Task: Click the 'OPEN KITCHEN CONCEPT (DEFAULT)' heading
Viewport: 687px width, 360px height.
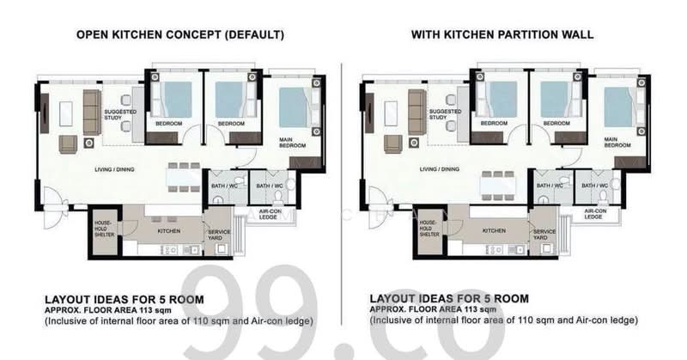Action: [x=180, y=34]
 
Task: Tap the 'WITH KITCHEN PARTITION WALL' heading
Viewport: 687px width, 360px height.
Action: [x=502, y=34]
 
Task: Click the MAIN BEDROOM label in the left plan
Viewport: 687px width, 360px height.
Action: [x=292, y=143]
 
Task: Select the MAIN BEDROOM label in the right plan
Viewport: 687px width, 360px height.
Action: [x=617, y=142]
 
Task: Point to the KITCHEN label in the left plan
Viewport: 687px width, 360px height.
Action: [x=168, y=231]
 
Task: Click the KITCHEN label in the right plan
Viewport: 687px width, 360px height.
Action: [x=494, y=230]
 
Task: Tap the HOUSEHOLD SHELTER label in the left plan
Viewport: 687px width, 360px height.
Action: [x=104, y=229]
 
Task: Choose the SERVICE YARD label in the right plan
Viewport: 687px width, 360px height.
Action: [x=544, y=235]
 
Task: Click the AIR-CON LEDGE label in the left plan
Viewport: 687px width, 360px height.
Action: [x=270, y=214]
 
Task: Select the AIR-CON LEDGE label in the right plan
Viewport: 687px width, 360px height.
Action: [x=595, y=214]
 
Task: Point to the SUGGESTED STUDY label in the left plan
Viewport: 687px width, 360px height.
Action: [x=119, y=114]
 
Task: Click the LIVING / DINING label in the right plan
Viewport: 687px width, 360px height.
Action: [x=439, y=168]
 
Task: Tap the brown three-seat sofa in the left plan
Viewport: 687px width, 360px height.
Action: [x=92, y=113]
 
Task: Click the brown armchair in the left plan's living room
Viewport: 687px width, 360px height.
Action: [x=68, y=144]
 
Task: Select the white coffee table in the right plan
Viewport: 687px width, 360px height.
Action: [x=391, y=114]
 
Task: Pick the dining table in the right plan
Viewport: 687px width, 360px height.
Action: [x=498, y=186]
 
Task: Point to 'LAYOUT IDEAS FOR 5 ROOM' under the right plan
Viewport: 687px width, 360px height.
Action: [x=449, y=299]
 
